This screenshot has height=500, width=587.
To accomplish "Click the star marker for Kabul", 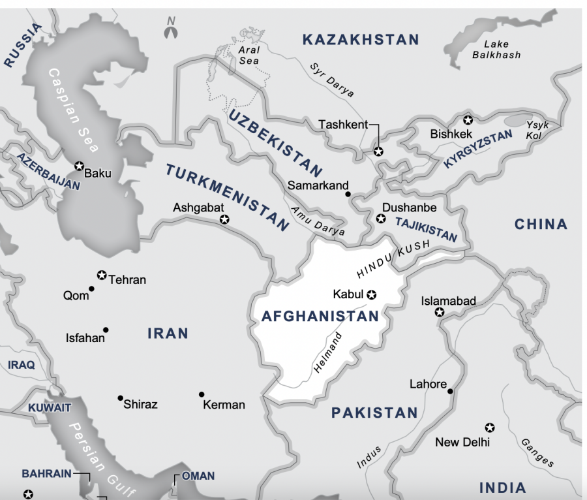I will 372,294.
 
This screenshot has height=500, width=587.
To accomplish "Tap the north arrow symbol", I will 171,28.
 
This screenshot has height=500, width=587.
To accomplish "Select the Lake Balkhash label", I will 496,50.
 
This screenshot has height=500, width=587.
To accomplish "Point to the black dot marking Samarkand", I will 348,194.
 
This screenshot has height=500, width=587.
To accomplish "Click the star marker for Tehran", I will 101,275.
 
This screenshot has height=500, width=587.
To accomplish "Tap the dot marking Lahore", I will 451,391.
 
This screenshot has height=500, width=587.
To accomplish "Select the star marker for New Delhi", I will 489,428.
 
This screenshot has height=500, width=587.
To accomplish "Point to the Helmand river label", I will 328,352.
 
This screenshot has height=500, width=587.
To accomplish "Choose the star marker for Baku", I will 79,166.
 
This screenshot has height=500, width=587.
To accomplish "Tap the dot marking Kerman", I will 202,394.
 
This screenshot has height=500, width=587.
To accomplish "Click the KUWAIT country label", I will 49,407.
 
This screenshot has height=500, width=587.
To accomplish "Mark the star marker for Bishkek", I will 467,120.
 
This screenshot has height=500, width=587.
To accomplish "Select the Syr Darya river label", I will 332,80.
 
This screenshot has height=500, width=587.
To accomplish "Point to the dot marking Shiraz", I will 120,398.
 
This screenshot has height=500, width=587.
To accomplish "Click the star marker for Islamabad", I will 440,313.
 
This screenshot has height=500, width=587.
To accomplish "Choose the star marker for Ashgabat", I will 224,220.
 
